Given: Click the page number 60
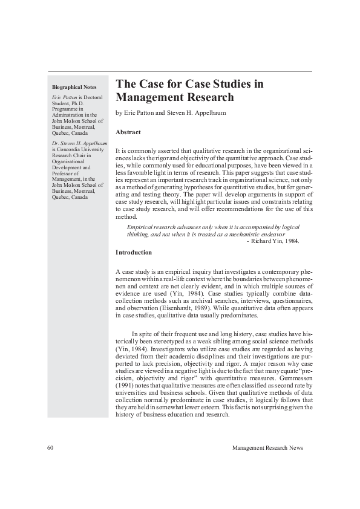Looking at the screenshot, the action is point(50,448).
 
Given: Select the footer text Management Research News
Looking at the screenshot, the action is point(267,448).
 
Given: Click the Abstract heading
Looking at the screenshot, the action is point(128,132).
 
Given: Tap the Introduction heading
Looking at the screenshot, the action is point(134,252).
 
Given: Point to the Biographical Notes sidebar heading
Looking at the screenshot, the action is point(74,87).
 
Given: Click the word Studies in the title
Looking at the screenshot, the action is point(234,84).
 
